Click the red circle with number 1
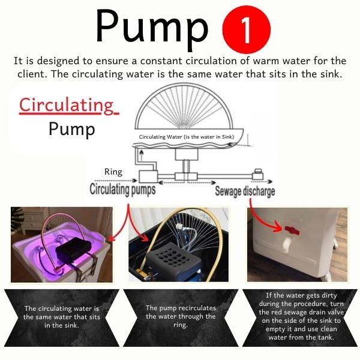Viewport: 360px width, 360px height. coord(247,29)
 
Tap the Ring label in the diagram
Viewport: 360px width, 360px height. coord(113,172)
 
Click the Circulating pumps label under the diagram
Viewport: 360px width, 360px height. coord(122,190)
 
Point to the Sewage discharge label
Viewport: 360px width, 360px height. coord(245,191)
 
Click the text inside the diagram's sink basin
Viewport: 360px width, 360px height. coord(187,137)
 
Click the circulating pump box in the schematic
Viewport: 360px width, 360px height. coord(148,176)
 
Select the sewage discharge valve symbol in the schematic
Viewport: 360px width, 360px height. coord(258,175)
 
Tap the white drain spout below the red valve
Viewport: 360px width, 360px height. coord(287,245)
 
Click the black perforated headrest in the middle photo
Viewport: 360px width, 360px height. coord(175,260)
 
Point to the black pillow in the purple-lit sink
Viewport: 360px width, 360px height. coord(73,250)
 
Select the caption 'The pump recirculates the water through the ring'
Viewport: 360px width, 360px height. coord(181,316)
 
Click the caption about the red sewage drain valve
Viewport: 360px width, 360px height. coord(301,316)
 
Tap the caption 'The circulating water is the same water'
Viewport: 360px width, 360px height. coord(62,317)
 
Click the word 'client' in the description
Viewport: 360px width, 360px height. coord(32,74)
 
